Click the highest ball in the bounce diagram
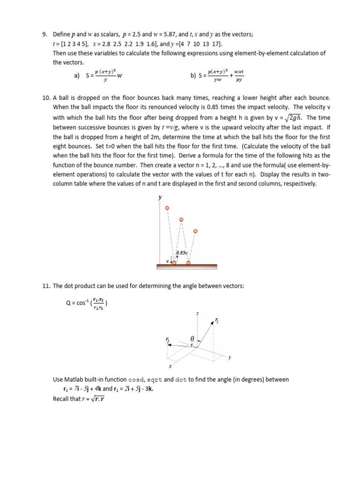coord(167,208)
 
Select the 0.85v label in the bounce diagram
coord(181,253)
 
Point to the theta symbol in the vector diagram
coord(192,338)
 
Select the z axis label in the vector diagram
coord(197,312)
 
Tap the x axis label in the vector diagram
coord(170,367)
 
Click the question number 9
coord(45,34)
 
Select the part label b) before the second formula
coord(193,75)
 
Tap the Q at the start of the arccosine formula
coord(68,303)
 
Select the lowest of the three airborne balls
coord(195,231)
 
